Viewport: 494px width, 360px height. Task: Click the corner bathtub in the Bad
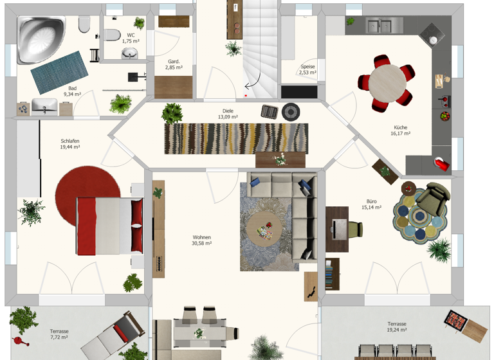click(41, 39)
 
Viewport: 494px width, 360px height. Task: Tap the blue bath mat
click(60, 73)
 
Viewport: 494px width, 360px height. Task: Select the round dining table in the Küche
click(387, 83)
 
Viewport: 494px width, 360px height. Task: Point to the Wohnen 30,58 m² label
click(201, 240)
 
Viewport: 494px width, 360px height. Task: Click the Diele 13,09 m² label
click(228, 114)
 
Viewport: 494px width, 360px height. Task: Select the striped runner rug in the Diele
click(236, 139)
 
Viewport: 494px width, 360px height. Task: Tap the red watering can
click(20, 341)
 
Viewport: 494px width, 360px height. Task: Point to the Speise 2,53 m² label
click(307, 69)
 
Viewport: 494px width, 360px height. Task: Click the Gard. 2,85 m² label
click(174, 64)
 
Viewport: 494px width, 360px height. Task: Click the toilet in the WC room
click(111, 35)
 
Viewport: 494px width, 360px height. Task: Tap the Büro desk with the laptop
click(337, 229)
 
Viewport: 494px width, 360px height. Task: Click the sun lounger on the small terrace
click(113, 336)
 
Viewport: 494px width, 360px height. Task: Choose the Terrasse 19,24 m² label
click(397, 327)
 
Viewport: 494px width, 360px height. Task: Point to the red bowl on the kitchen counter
click(445, 116)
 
